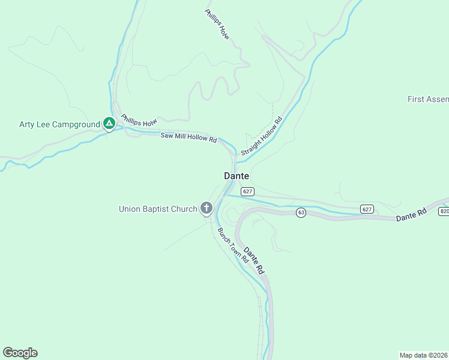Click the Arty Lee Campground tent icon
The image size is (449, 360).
[x=109, y=124]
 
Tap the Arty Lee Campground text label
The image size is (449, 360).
[x=59, y=125]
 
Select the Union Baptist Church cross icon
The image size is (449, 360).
[x=206, y=208]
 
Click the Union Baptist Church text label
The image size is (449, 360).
[x=158, y=209]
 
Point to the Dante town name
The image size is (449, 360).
[x=237, y=176]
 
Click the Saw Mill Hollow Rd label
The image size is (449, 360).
[x=188, y=137]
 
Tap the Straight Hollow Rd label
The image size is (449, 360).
[x=262, y=137]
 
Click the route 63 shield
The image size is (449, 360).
[x=301, y=212]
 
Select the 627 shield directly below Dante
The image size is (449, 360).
[x=248, y=191]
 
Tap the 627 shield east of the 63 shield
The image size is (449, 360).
[x=367, y=209]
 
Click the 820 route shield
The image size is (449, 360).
[x=444, y=211]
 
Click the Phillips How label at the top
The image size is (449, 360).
[x=218, y=25]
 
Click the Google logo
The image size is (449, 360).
[x=20, y=353]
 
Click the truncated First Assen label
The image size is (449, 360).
[x=427, y=99]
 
